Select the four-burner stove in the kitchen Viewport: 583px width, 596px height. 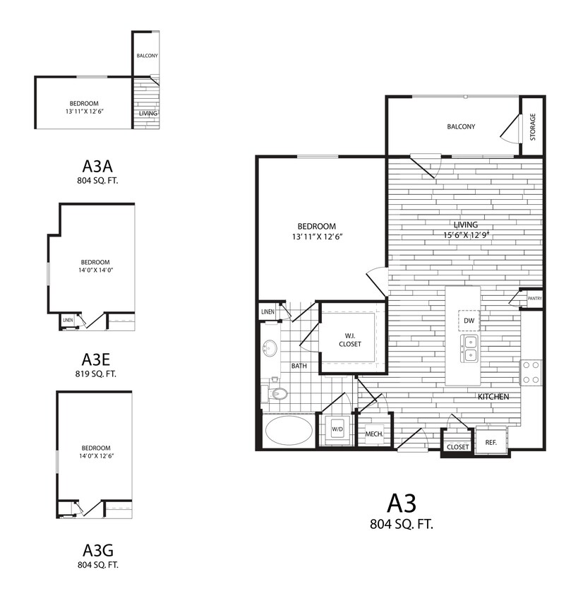pos(531,373)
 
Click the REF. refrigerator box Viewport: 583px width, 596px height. pos(491,442)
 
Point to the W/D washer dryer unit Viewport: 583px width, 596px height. pos(337,429)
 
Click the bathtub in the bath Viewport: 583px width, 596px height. pos(289,430)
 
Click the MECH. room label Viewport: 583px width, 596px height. pos(373,434)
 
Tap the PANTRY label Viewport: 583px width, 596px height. pos(534,298)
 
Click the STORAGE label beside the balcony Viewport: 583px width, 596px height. pos(533,126)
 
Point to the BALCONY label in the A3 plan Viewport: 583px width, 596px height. pos(461,127)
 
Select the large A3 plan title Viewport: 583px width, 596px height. pos(402,503)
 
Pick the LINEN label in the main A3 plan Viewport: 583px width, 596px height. pos(268,311)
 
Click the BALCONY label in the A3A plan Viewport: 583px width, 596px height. pos(146,55)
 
